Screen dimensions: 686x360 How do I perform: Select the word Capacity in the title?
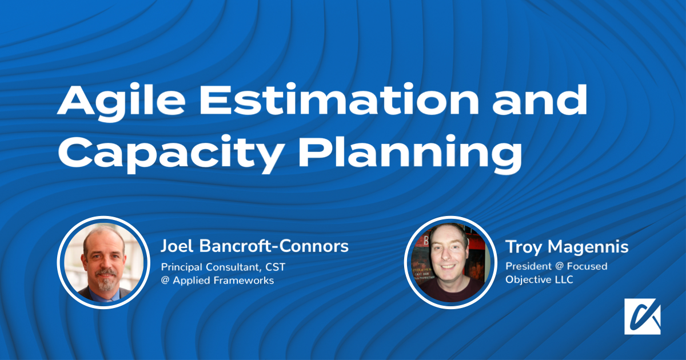coord(170,153)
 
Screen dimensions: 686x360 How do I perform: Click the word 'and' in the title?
coord(540,100)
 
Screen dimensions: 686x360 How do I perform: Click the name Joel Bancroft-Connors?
coord(254,246)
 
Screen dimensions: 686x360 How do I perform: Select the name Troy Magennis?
coord(567,247)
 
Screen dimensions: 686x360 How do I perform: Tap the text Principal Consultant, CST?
coord(223,267)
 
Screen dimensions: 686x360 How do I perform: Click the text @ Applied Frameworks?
coord(217,281)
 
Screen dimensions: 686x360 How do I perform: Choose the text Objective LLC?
coord(539,279)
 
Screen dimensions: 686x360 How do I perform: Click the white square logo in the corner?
coord(642,317)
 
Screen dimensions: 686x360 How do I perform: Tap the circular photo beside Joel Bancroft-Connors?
coord(103,263)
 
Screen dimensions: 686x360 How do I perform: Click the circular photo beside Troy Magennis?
coord(450,263)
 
